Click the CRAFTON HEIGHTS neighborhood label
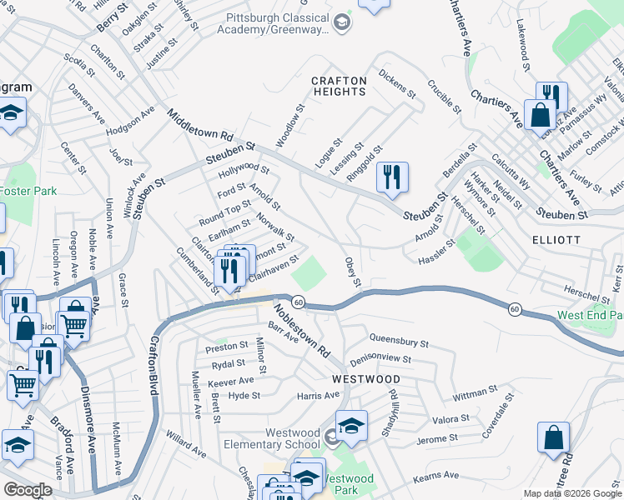tap(339, 87)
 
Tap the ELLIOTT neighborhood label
tap(556, 239)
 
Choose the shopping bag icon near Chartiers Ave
tap(540, 114)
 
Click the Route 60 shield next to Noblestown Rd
tap(298, 301)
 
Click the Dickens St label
tap(396, 84)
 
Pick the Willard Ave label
tap(185, 445)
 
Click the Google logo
tap(27, 490)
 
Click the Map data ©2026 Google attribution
tap(571, 493)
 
